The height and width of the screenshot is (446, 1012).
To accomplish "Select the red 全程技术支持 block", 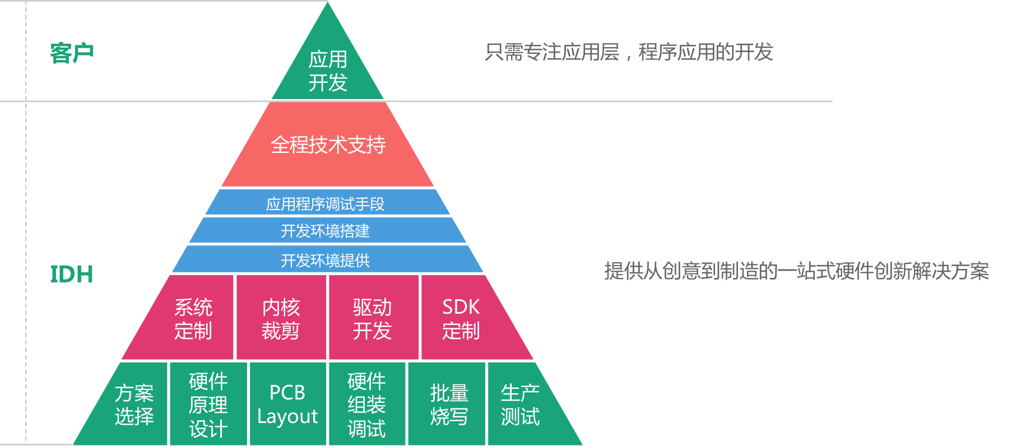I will coord(328,145).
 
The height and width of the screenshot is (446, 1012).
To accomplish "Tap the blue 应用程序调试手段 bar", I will coord(326,203).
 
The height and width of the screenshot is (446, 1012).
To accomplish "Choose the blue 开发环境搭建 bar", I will coord(326,230).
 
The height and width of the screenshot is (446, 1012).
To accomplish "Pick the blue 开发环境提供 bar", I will coord(326,260).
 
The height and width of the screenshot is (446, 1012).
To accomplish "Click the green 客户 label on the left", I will coord(72,53).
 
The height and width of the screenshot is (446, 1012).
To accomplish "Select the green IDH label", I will coord(71,274).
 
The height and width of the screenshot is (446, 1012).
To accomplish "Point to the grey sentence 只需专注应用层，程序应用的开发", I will coord(629,52).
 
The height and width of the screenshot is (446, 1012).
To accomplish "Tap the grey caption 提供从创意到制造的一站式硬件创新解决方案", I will coord(796,271).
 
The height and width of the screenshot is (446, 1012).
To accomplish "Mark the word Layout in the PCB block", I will coord(287,417).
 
